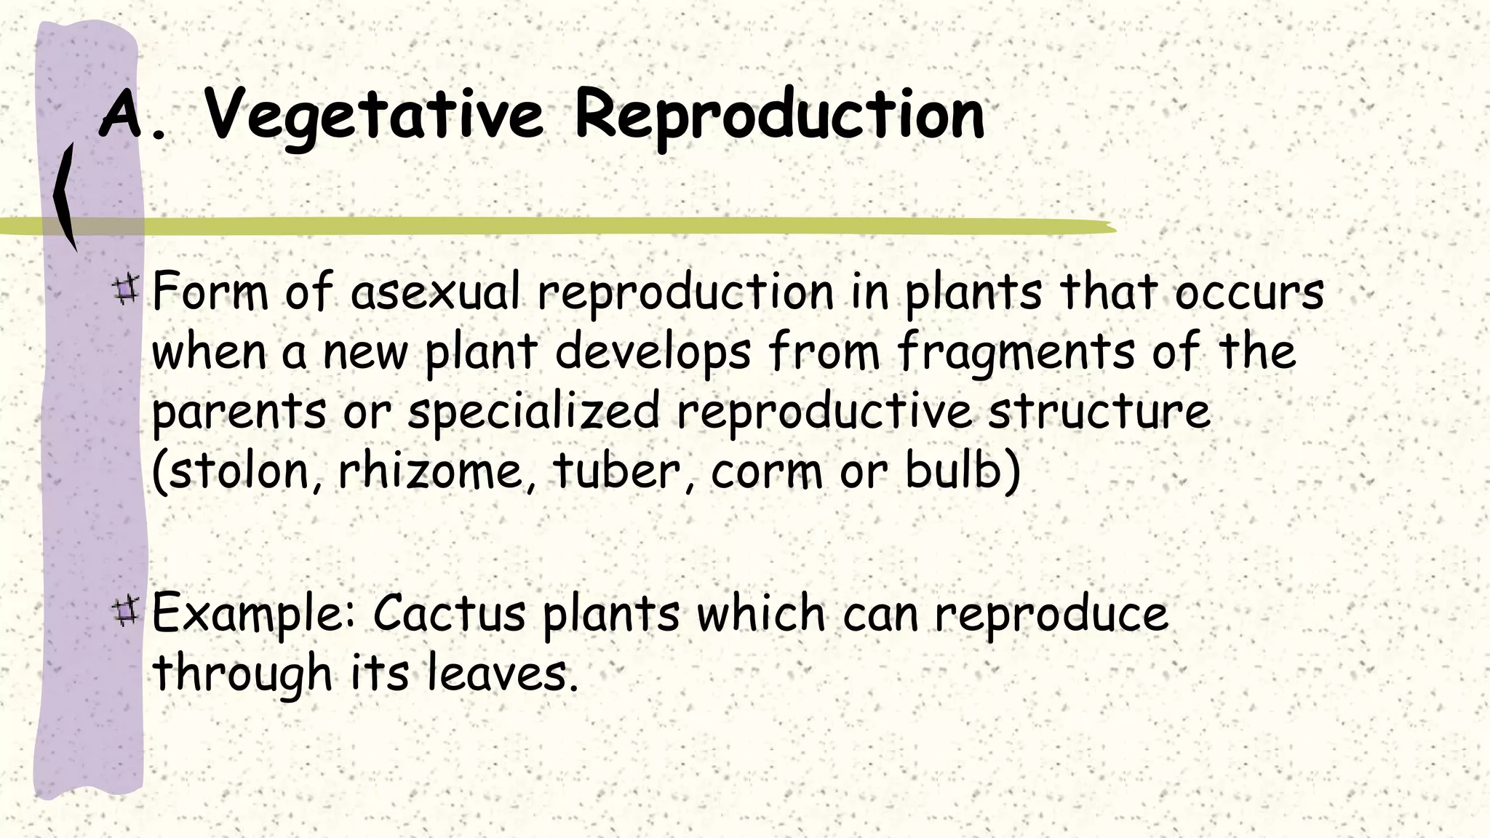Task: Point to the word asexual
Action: pyautogui.click(x=435, y=292)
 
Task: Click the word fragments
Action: pyautogui.click(x=1016, y=354)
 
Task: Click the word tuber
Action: pyautogui.click(x=617, y=471)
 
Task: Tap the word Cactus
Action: pyautogui.click(x=449, y=613)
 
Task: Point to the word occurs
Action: pyautogui.click(x=1249, y=294)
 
